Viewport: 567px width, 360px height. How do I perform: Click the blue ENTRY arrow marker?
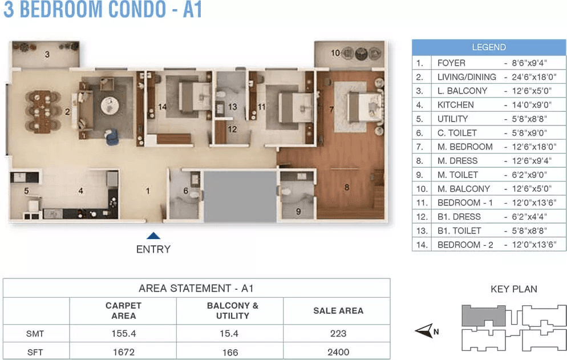(153, 236)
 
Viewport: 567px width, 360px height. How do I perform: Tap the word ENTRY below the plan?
(153, 249)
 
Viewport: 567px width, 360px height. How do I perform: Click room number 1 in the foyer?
(148, 191)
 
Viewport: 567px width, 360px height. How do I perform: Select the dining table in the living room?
(43, 111)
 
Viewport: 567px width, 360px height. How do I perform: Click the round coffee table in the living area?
(110, 106)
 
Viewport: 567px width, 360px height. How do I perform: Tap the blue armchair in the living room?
(111, 137)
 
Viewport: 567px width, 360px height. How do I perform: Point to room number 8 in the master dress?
(347, 187)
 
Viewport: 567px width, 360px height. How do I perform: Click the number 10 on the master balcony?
(335, 53)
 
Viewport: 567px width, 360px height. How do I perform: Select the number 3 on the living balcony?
(47, 55)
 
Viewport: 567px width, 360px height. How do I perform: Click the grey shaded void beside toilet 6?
(240, 196)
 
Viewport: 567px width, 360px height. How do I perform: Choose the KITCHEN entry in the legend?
(455, 105)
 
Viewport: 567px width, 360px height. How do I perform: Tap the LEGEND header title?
(489, 47)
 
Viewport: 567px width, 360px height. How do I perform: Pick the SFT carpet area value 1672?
(124, 352)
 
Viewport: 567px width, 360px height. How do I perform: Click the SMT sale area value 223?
(338, 334)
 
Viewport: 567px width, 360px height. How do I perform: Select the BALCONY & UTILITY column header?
(233, 310)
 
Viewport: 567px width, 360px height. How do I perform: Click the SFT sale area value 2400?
(338, 352)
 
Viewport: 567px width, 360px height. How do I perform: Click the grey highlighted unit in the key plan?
(484, 316)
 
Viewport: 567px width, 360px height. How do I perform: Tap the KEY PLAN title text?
(514, 289)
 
